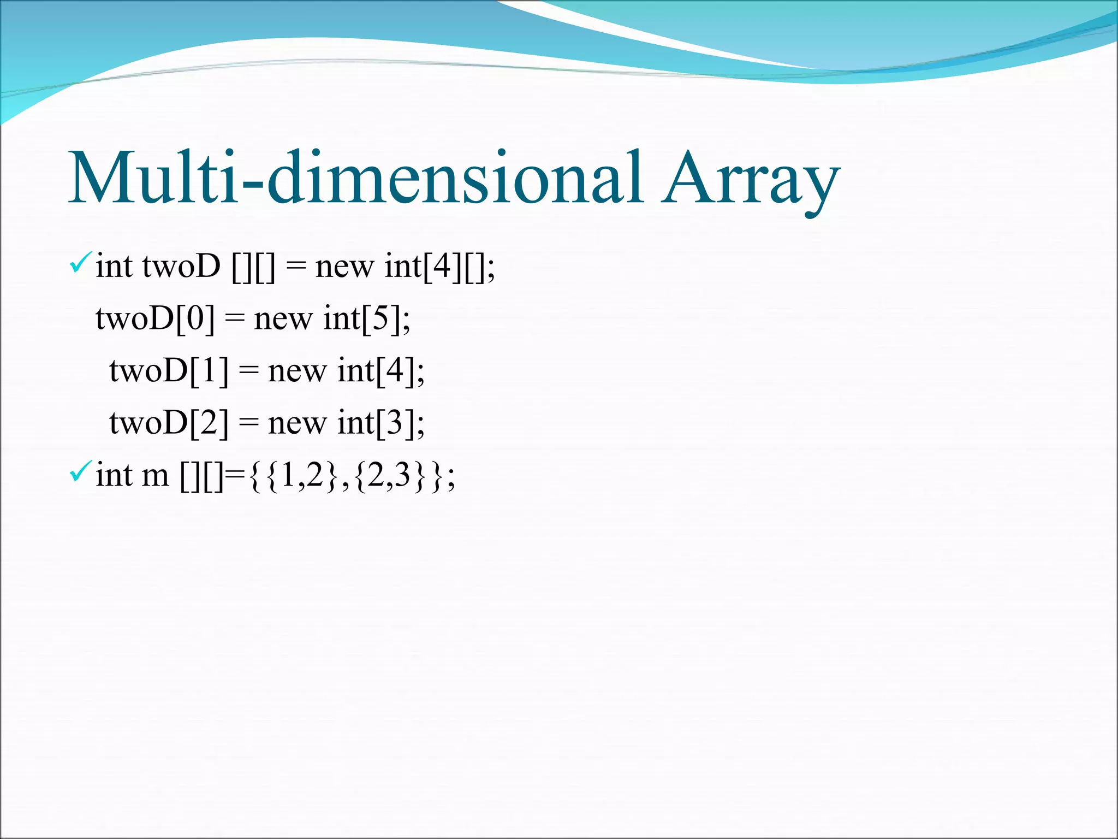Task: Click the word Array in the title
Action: pos(751,178)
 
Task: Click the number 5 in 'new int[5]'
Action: pos(381,318)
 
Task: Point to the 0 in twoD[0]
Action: pos(195,318)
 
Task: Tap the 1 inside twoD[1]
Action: pos(209,370)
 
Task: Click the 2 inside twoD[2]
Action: pos(209,422)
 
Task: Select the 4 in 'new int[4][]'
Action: pos(442,266)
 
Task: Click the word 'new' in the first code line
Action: pos(344,268)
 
